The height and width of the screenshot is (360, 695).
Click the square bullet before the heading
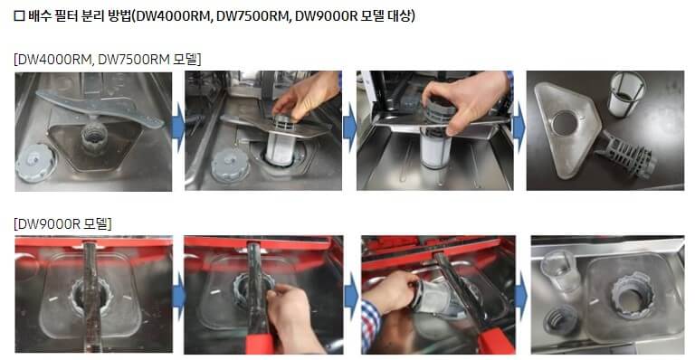[19, 16]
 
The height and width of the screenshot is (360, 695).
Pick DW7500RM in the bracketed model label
[134, 59]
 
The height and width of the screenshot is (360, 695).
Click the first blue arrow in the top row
[177, 128]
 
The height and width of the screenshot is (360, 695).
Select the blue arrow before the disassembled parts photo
[519, 128]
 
